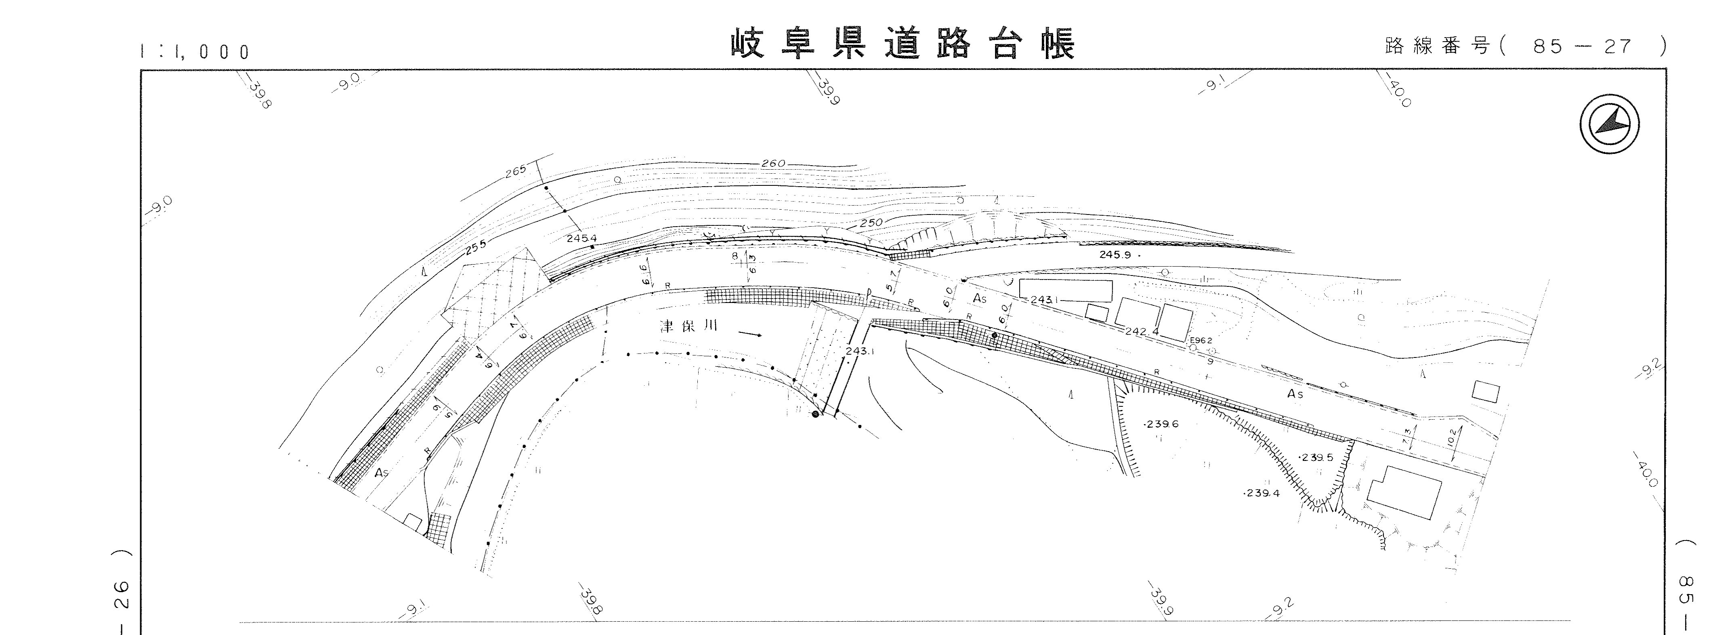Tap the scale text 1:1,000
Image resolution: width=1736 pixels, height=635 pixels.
(x=195, y=52)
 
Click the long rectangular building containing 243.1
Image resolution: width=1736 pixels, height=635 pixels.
(x=1065, y=290)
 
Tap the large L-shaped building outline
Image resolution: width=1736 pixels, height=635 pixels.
(x=1403, y=492)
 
